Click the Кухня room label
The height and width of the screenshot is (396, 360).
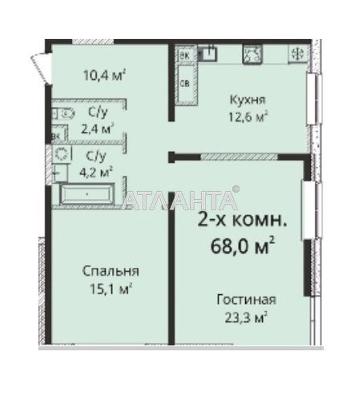coord(247,99)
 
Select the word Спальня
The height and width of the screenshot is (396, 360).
coord(110,271)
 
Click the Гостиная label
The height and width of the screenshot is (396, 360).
coord(246,300)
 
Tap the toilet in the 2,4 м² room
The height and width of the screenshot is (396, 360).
coord(65,114)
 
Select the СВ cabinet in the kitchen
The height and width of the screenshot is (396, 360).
coord(185,84)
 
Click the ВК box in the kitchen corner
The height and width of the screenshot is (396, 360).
coord(184,55)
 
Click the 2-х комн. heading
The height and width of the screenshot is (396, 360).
coord(242,221)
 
